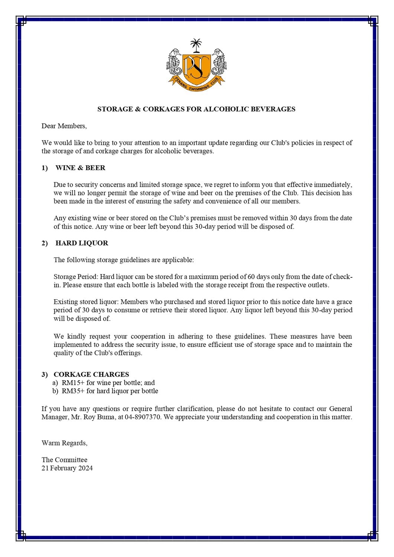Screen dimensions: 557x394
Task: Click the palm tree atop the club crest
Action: click(x=195, y=45)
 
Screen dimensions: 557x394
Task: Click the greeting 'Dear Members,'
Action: click(x=64, y=126)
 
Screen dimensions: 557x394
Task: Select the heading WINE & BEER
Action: click(x=80, y=168)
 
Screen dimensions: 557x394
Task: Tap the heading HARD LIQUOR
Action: click(x=82, y=243)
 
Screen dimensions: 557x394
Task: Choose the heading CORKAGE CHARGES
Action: click(x=91, y=374)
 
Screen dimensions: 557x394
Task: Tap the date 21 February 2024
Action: click(x=67, y=468)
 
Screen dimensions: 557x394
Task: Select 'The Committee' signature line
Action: click(x=64, y=460)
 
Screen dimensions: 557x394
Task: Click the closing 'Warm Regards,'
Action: click(x=64, y=443)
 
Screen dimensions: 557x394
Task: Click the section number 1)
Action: click(x=45, y=168)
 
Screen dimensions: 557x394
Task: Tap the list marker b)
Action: click(x=55, y=391)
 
